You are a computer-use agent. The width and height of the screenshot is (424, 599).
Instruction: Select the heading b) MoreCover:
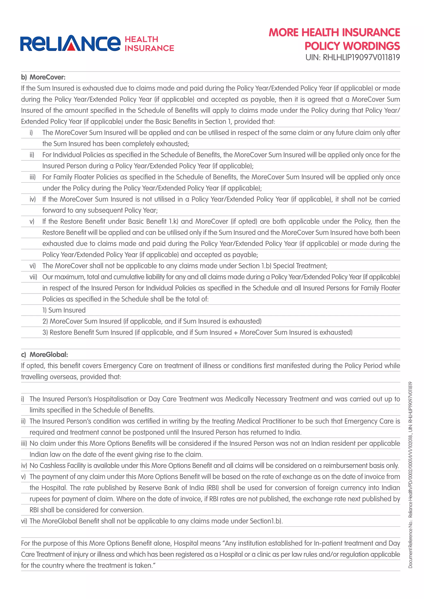click(43, 77)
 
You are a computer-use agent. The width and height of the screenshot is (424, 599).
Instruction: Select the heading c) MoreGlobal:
click(45, 355)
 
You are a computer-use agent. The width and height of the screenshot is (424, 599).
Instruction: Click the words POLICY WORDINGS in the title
click(352, 46)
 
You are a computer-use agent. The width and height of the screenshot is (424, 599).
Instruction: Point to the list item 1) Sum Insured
click(64, 310)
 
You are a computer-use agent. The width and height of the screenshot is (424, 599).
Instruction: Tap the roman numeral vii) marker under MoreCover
click(33, 277)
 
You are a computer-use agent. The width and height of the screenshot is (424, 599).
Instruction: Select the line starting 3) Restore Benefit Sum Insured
click(197, 332)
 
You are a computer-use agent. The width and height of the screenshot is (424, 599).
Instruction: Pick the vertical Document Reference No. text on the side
click(410, 475)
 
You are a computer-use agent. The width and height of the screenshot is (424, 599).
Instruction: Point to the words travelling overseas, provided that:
click(71, 377)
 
